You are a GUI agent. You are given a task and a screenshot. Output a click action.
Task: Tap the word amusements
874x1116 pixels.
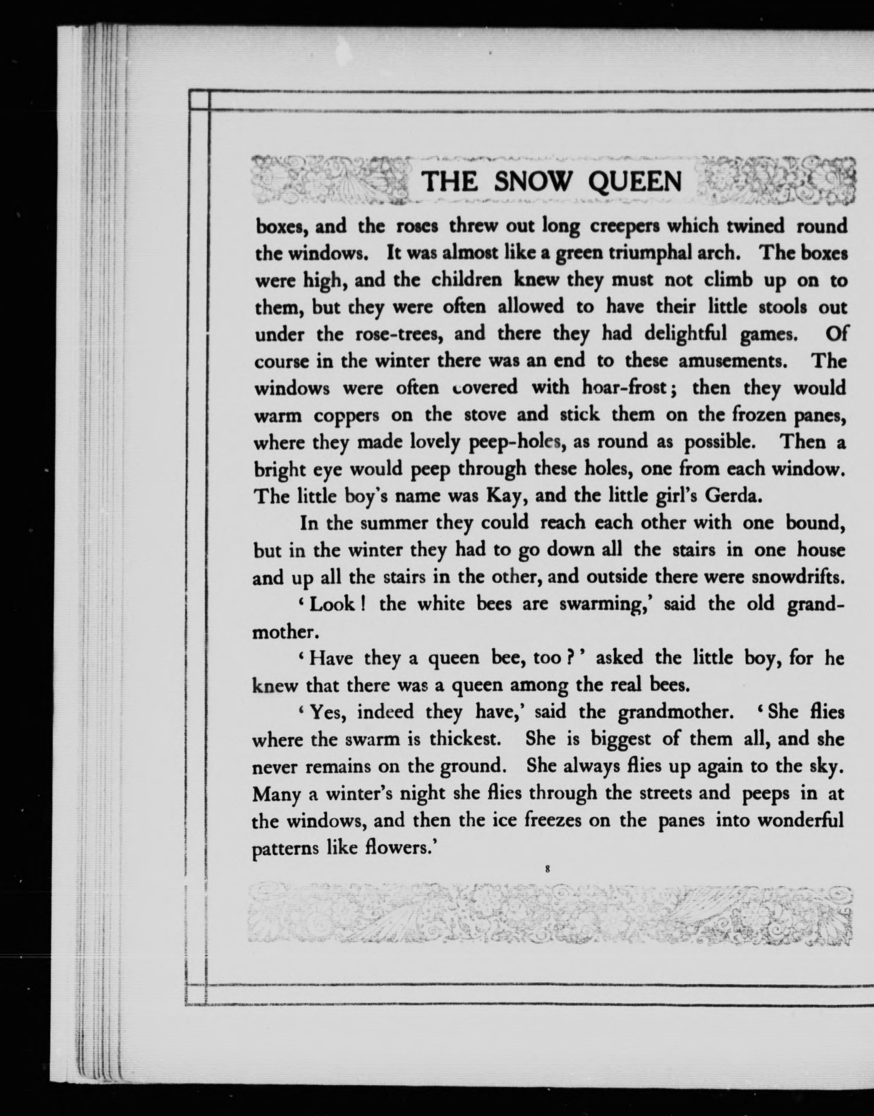coord(733,361)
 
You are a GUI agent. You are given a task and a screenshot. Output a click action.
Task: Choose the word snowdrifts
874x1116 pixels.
coord(797,577)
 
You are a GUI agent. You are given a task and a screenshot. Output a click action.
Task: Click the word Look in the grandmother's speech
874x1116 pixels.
coord(332,604)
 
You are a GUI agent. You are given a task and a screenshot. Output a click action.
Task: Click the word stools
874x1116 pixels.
coord(783,307)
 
